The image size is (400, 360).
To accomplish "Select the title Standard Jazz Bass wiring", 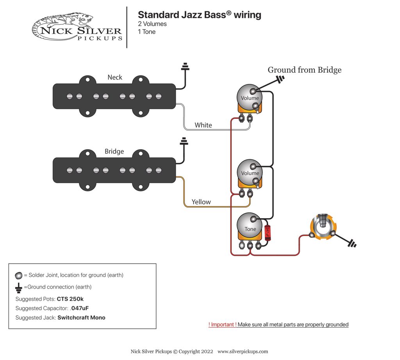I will tap(199, 15).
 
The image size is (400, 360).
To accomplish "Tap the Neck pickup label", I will tap(115, 77).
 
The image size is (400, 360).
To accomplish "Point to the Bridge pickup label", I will tap(114, 151).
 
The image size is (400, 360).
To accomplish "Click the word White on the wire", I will tap(203, 125).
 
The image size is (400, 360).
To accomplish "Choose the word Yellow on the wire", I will tap(201, 202).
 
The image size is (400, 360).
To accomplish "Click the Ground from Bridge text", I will tap(304, 70).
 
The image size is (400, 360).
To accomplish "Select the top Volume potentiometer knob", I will tap(250, 98).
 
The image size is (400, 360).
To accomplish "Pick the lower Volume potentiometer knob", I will tap(250, 173).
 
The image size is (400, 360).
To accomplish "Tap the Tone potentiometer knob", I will tap(250, 229).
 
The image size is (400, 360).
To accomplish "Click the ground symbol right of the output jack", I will tap(352, 244).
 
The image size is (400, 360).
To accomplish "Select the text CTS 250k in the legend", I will tap(70, 299).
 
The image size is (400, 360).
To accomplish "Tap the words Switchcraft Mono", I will tap(81, 317).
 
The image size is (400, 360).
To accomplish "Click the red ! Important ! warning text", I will tap(222, 324).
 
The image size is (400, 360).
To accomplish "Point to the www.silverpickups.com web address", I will tap(243, 351).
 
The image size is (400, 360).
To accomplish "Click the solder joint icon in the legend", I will tap(19, 275).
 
